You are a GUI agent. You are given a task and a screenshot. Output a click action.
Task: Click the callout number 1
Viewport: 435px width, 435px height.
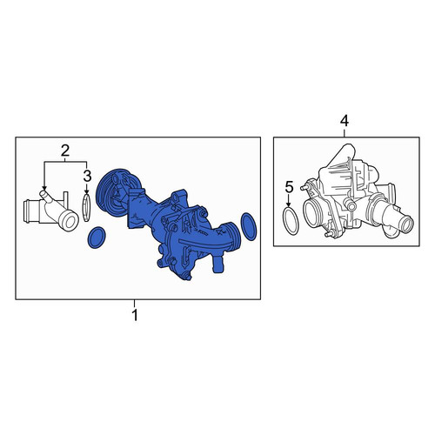click(x=135, y=315)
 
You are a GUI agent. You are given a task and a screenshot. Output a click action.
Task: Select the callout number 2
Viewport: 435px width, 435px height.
click(x=65, y=151)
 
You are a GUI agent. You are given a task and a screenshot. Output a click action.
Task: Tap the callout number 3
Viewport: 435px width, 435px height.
click(x=87, y=176)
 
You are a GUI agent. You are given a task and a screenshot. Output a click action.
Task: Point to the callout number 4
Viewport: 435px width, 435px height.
click(x=345, y=121)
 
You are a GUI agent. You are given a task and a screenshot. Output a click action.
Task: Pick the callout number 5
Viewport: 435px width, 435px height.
click(x=289, y=187)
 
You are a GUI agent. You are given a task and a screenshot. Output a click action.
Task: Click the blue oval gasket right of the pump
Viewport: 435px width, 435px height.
click(x=249, y=226)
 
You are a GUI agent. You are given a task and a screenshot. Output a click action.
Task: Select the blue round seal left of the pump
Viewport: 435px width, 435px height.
click(x=97, y=238)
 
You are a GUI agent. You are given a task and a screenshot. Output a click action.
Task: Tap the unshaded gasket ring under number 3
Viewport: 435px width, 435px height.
click(x=87, y=208)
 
